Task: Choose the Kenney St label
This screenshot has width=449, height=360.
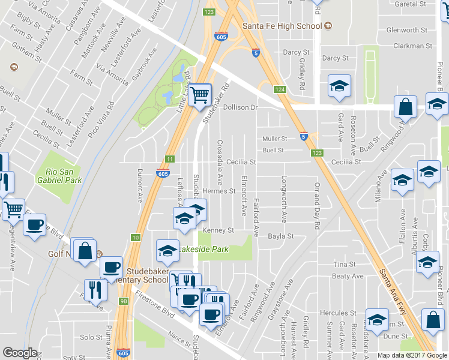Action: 217,230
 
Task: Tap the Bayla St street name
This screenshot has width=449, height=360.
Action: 280,236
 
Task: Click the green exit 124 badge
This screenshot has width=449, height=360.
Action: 279,89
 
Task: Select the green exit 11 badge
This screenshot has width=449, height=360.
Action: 170,159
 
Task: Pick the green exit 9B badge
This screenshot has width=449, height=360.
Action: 124,301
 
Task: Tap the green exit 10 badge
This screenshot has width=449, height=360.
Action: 136,238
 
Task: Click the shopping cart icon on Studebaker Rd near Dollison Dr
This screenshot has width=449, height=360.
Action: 199,94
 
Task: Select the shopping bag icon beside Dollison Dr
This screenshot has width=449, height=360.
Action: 406,107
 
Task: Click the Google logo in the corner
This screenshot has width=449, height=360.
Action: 20,353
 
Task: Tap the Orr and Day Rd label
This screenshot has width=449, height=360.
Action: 316,205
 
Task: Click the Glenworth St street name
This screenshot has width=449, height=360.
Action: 406,30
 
